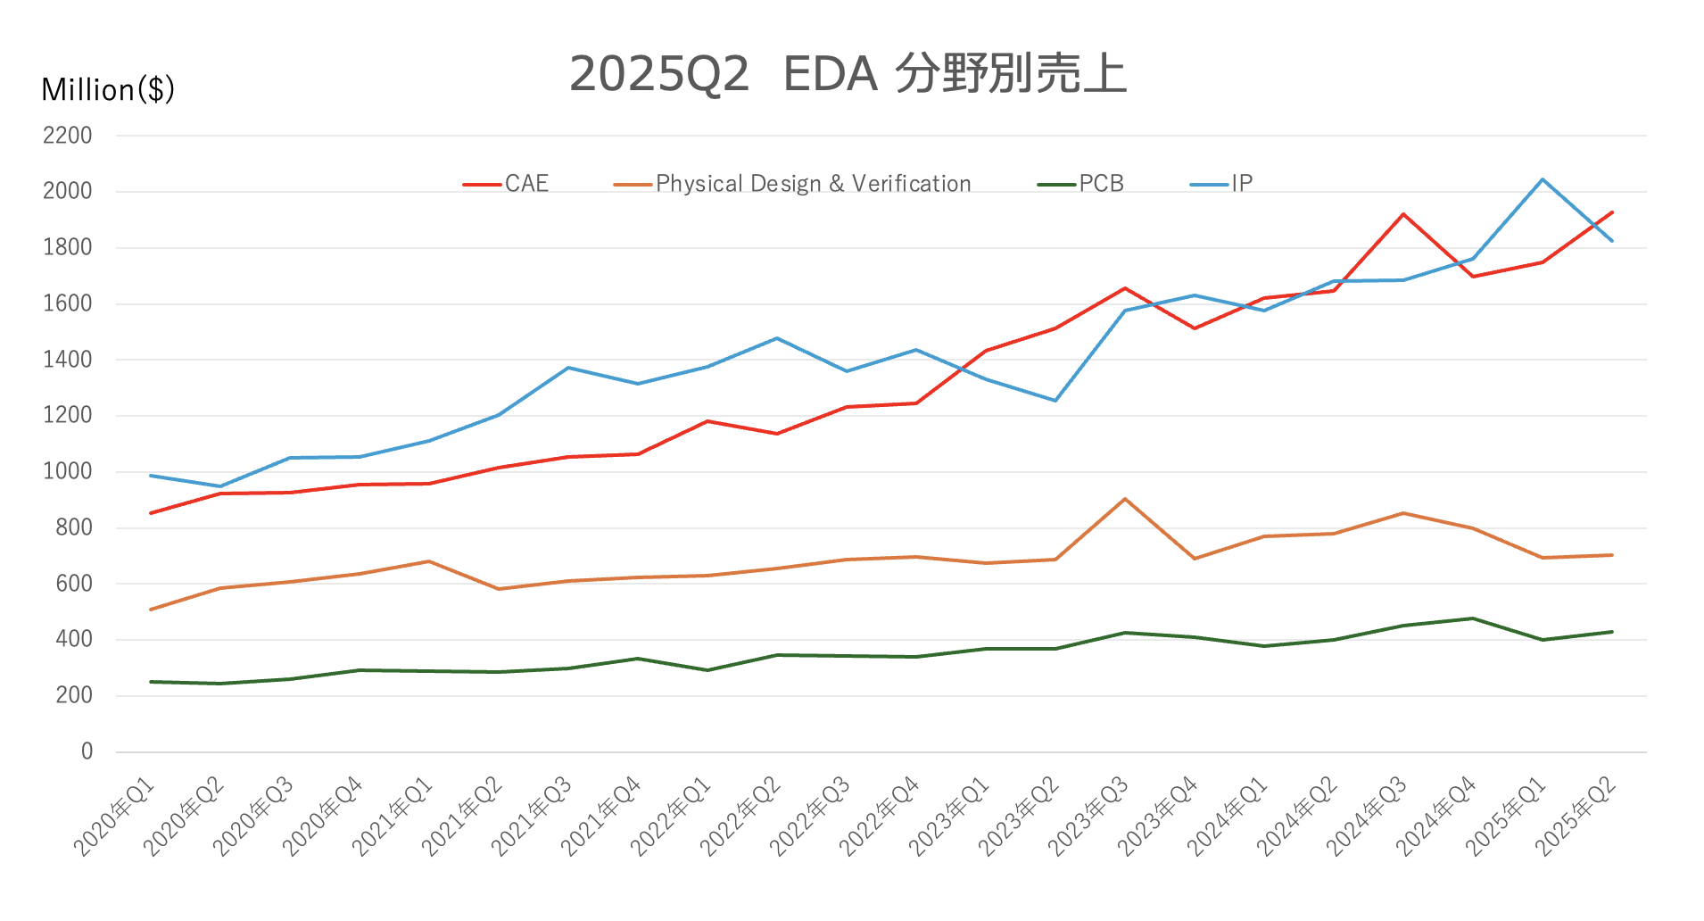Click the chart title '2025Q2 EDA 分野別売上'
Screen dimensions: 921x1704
click(x=848, y=73)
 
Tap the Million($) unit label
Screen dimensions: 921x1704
click(x=108, y=89)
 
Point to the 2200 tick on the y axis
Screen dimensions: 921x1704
click(x=68, y=136)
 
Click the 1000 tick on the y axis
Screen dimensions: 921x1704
click(x=68, y=471)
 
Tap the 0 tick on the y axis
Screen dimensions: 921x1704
click(x=87, y=751)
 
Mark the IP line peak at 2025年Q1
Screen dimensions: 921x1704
click(x=1543, y=179)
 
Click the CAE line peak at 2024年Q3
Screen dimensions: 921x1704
click(x=1403, y=214)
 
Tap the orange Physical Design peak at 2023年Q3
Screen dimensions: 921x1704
click(x=1125, y=499)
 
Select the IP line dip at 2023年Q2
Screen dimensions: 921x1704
click(x=1055, y=400)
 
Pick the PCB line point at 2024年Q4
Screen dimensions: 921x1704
click(x=1473, y=618)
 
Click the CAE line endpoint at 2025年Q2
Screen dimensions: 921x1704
click(x=1612, y=212)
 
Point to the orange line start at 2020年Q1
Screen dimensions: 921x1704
click(x=151, y=610)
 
